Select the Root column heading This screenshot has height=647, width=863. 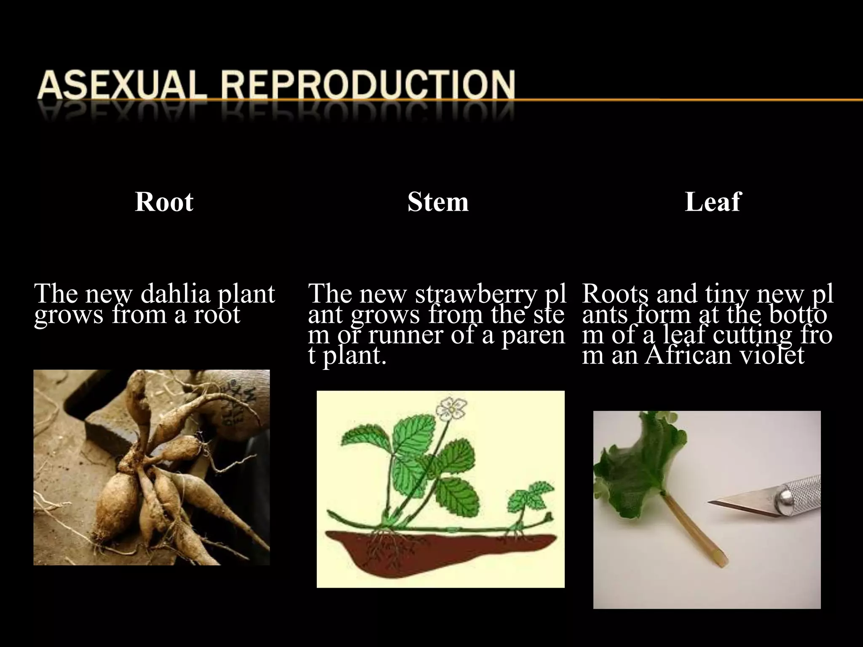point(164,202)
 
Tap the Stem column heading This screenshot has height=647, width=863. point(438,202)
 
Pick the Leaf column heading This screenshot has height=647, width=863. point(712,202)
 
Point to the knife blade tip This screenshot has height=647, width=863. point(712,502)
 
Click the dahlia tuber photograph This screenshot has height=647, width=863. point(151,468)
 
